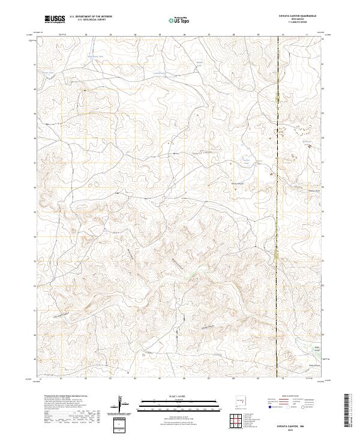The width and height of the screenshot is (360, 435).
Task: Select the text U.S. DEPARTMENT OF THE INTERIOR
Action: [91, 17]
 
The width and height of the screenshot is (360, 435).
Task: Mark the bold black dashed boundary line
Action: [278, 210]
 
